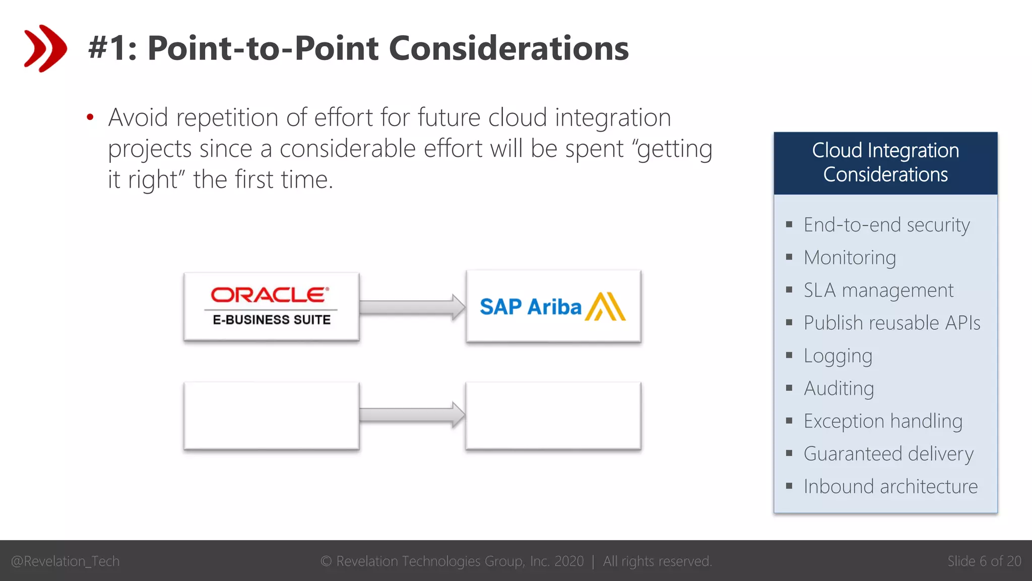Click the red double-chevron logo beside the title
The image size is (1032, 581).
click(45, 48)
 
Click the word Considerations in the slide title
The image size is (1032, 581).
click(508, 48)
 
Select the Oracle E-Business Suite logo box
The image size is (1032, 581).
click(271, 307)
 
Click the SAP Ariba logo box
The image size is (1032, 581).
click(553, 307)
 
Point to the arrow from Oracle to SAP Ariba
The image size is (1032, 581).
click(412, 307)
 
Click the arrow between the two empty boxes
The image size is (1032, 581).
click(412, 415)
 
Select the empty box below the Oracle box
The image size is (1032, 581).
click(271, 416)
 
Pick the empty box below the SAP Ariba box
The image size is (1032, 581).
click(553, 416)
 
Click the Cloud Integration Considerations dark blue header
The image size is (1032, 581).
click(885, 163)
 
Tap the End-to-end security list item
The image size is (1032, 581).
click(886, 225)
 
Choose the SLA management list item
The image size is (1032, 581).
click(878, 290)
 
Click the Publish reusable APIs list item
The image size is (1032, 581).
click(891, 323)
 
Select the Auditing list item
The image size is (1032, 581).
click(838, 388)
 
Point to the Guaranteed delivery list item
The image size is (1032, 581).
click(888, 454)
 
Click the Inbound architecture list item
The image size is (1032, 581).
click(890, 487)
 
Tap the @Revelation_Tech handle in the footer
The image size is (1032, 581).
click(65, 561)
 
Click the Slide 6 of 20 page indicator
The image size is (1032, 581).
click(984, 561)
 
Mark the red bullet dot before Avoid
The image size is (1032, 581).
click(90, 118)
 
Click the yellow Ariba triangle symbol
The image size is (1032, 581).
click(605, 307)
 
